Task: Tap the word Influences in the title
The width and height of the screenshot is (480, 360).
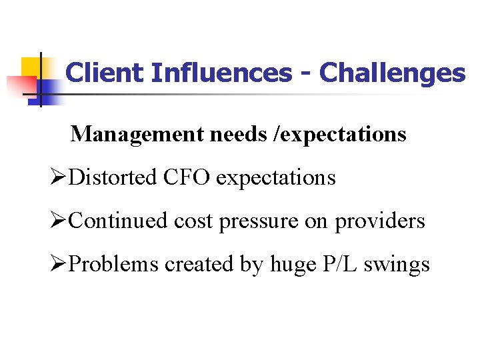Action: pyautogui.click(x=219, y=73)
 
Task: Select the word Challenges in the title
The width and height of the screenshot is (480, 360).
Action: pyautogui.click(x=392, y=73)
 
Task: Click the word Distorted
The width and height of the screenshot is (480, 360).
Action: pyautogui.click(x=113, y=177)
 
